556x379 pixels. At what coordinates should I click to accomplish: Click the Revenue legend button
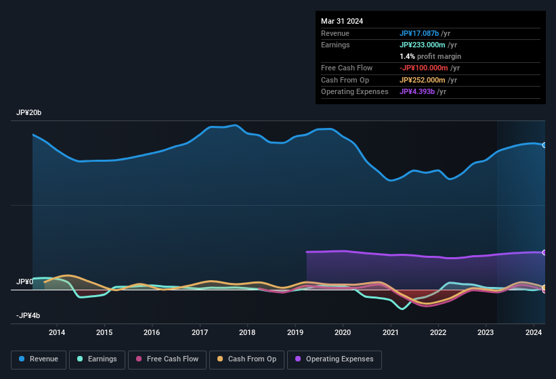(39, 359)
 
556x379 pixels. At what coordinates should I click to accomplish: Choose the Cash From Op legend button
(247, 359)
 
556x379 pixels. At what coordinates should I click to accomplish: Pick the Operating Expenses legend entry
(335, 359)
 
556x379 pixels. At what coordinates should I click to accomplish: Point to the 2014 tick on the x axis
(57, 332)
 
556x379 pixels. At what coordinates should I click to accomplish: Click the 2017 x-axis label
(200, 332)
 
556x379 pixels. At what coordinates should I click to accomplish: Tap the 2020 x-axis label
(343, 332)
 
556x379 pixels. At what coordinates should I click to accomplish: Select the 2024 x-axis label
(533, 332)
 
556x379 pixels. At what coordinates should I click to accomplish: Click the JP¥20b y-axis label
(29, 113)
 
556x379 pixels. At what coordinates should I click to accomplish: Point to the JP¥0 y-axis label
(24, 282)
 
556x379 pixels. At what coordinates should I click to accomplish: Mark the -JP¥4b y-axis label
(28, 315)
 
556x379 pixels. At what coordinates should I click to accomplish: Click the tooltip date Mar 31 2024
(342, 21)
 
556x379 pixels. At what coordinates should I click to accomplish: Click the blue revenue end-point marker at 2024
(544, 145)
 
